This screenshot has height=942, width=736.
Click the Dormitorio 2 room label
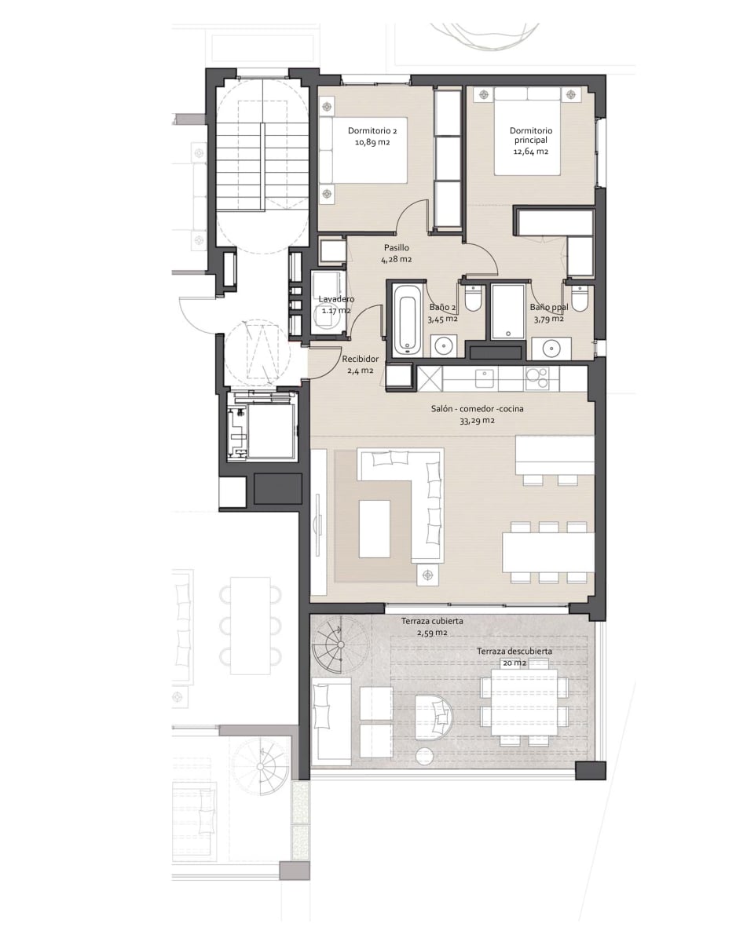(x=372, y=130)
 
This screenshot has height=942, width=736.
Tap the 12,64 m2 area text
(x=531, y=152)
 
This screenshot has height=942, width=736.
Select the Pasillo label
(x=397, y=248)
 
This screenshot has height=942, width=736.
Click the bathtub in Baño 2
(x=407, y=323)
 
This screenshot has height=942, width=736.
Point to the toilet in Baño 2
(x=471, y=298)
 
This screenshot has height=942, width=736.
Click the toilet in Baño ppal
(x=579, y=298)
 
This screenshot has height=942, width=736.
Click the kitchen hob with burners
(x=537, y=378)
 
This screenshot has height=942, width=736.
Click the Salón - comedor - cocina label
(x=477, y=408)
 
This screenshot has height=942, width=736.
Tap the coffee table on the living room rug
(x=375, y=528)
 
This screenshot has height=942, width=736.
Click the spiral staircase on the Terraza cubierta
(x=341, y=645)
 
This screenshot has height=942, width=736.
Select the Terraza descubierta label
(x=514, y=651)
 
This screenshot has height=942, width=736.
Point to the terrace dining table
(x=525, y=702)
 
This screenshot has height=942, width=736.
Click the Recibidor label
(x=360, y=359)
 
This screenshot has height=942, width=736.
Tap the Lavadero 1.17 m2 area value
(x=336, y=310)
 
